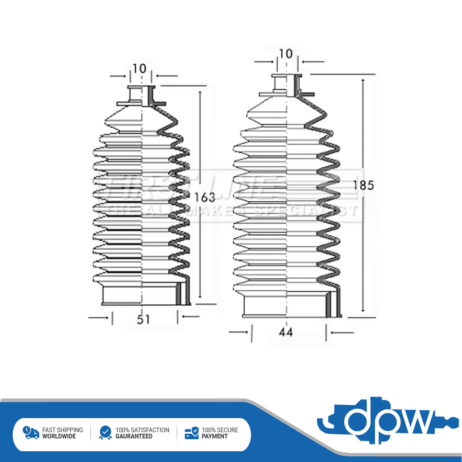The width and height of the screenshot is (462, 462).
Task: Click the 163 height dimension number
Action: pos(204,197)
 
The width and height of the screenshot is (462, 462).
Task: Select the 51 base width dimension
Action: pos(143,319)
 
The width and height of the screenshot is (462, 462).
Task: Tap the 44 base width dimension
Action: pos(286,332)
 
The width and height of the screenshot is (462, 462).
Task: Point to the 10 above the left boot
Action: pos(139,69)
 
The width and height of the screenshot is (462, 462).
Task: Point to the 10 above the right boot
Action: pos(286,54)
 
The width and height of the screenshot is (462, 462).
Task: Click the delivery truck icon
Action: pos(31,433)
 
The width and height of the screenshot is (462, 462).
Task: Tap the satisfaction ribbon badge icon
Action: pos(105,433)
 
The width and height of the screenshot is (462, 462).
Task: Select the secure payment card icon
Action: pos(191,433)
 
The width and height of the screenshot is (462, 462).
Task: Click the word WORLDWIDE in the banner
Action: pos(59,437)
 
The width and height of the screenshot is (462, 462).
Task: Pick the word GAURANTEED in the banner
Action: pos(134,437)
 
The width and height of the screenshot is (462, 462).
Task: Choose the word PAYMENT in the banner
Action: pos(214,437)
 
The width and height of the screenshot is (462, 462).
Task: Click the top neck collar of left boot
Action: pos(141,95)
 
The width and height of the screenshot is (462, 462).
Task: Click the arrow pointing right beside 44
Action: pos(239,332)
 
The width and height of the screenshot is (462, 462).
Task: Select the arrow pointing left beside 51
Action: pos(191,317)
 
